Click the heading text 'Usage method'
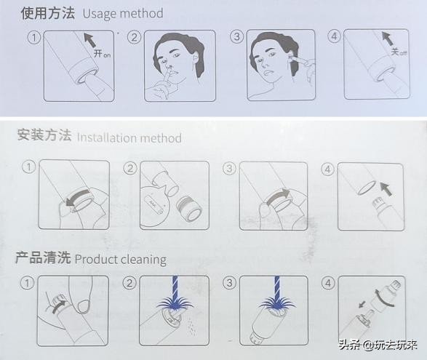click(x=123, y=13)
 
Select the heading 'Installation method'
click(x=129, y=137)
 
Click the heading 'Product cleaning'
click(x=120, y=259)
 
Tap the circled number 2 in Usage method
click(x=134, y=36)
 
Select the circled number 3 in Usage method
click(x=236, y=36)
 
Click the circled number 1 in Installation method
click(x=28, y=167)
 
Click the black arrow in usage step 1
click(x=89, y=41)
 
